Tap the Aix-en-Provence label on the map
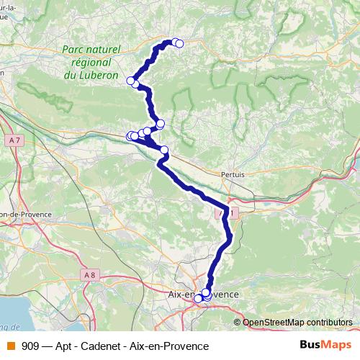coord(202,295)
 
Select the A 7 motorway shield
coord(16,139)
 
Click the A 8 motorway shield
coord(89,274)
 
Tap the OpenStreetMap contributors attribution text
coord(297,323)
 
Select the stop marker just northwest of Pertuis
coord(164,150)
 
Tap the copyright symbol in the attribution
coord(237,323)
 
